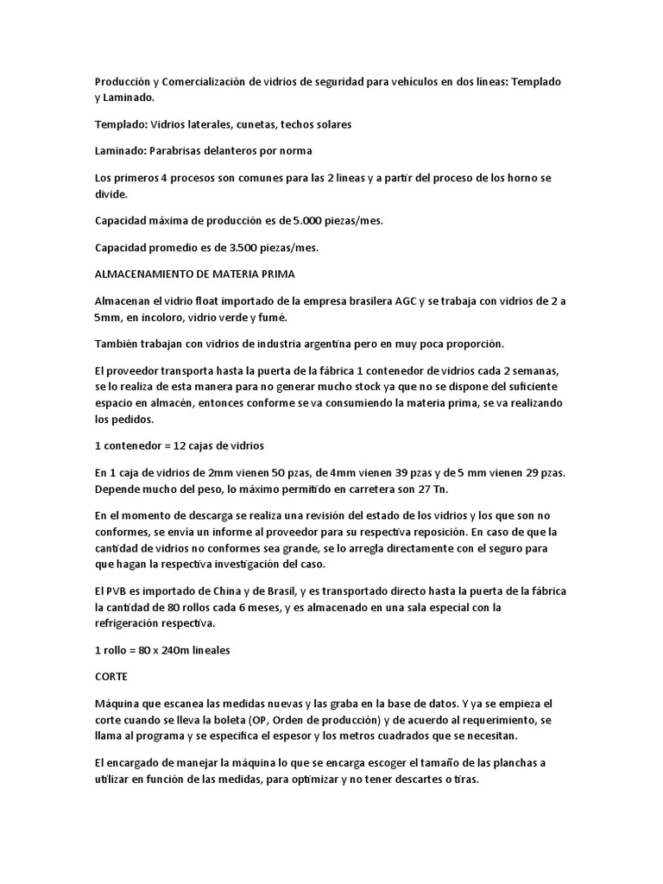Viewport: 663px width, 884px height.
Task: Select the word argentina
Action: coord(285,344)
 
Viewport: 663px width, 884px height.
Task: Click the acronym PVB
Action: coord(120,591)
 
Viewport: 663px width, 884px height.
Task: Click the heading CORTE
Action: coord(112,677)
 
